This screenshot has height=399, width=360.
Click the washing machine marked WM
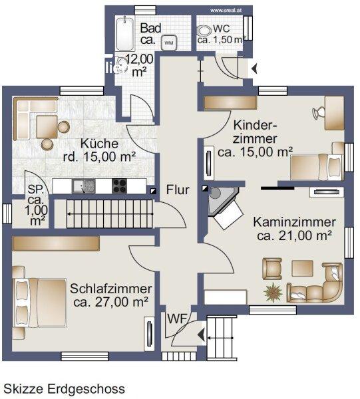[169, 43]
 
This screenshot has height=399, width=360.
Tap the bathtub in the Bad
[125, 34]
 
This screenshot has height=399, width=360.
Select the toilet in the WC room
[204, 31]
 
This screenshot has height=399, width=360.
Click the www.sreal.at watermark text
[226, 11]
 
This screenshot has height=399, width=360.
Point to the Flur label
[178, 190]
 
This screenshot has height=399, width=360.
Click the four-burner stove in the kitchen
[119, 186]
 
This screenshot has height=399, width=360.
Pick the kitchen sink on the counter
[83, 186]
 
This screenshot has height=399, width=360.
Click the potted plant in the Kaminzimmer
[273, 292]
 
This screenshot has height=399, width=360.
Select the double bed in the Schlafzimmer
[40, 303]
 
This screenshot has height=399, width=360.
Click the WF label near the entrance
[177, 319]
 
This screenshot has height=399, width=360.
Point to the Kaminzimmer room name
[294, 222]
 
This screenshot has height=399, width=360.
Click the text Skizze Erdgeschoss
[64, 389]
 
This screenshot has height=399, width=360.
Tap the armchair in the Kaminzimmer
[272, 269]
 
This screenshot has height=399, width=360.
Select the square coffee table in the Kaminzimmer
[302, 268]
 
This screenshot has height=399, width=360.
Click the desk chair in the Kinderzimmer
[319, 112]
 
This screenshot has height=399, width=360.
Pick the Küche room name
[100, 144]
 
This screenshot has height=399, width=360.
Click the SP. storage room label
[36, 190]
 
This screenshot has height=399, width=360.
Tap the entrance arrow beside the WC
[254, 68]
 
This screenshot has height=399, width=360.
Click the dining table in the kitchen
[47, 127]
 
